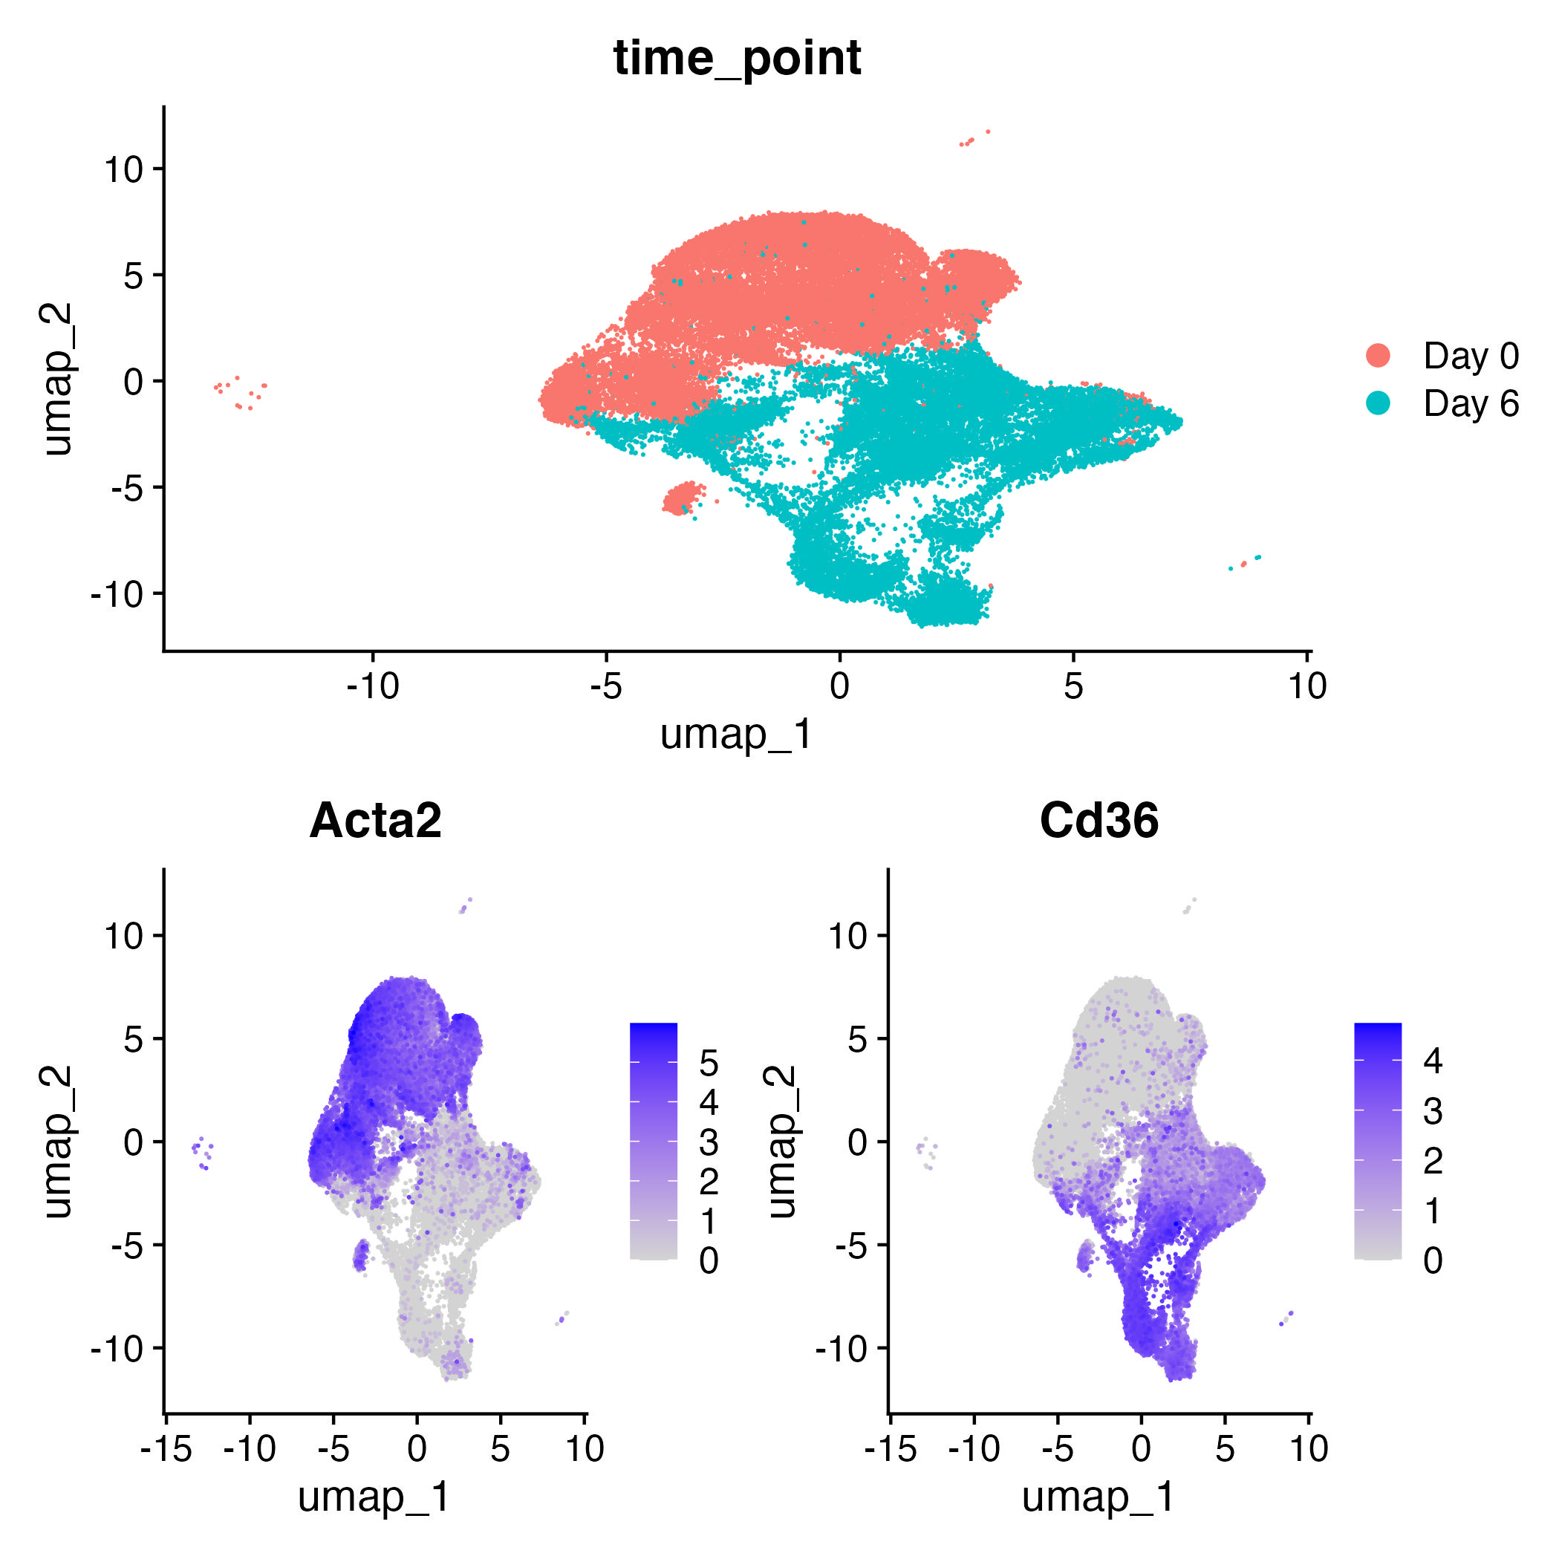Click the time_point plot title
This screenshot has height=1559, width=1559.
[x=737, y=58]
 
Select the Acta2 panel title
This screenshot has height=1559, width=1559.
[x=375, y=821]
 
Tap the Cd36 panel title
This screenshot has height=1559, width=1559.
[x=1099, y=821]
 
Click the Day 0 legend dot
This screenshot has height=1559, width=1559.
[x=1379, y=355]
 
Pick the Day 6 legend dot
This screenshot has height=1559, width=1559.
[x=1379, y=403]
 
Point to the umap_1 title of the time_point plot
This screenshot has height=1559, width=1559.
[x=736, y=735]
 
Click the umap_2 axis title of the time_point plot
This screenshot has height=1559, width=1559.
[x=58, y=380]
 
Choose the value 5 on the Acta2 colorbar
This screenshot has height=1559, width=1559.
[x=709, y=1064]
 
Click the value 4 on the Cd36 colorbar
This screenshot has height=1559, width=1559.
[x=1432, y=1061]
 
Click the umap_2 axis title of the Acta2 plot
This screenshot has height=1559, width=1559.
[x=58, y=1142]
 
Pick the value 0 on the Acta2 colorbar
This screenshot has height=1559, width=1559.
[x=709, y=1260]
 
